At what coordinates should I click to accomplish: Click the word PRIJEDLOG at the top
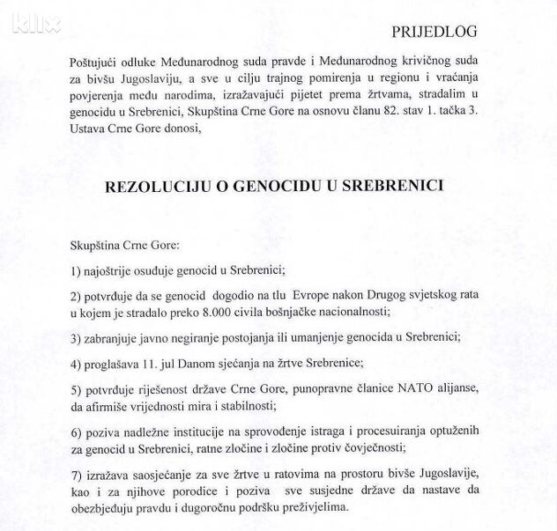click(434, 32)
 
